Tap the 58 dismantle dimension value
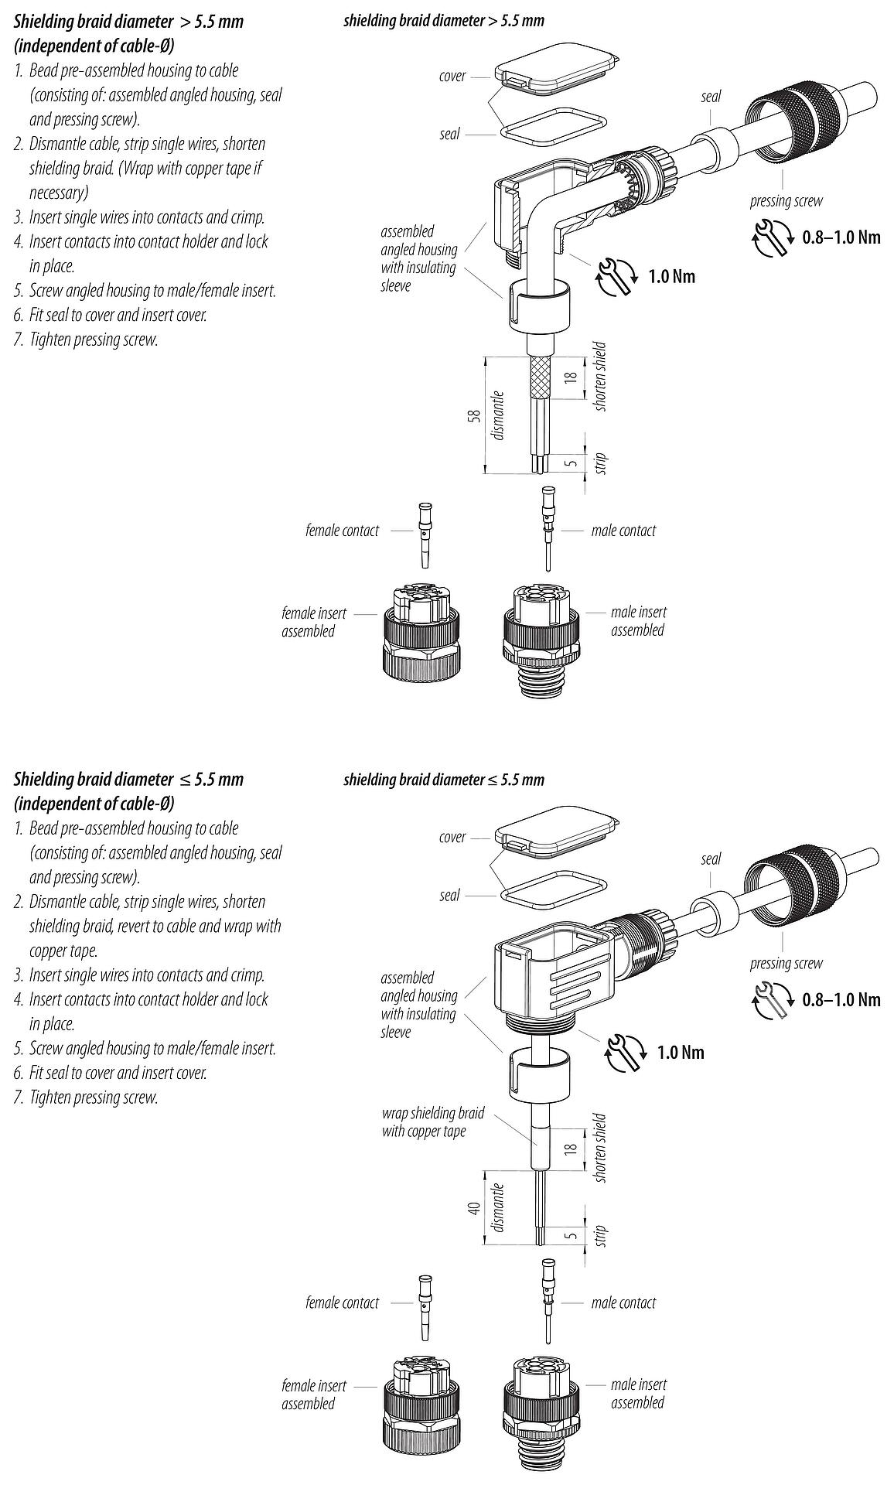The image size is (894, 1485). coord(476,415)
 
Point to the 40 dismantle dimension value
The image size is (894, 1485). coord(476,1207)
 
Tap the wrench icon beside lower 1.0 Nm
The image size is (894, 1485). coord(626,1053)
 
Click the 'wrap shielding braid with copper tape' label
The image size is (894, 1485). coord(432,1121)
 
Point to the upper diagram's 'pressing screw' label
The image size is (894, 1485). coord(786,201)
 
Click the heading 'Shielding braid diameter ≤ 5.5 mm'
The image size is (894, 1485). coord(128,779)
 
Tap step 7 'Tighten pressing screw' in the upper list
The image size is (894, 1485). coord(93,340)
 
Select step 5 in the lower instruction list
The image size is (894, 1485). coord(152,1048)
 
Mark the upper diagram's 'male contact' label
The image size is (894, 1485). coord(623,531)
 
